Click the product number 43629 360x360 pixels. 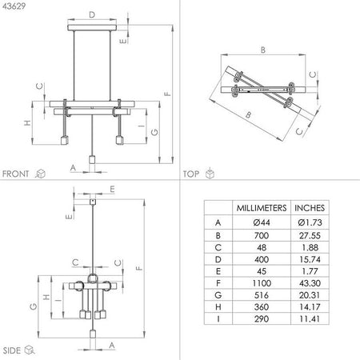[15, 7]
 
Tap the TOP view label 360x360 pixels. [191, 173]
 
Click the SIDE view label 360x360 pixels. [12, 350]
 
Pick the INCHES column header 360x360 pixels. [310, 207]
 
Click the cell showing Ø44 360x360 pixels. [258, 222]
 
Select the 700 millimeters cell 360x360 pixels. [258, 236]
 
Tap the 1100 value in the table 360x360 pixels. [258, 290]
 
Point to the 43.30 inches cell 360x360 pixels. [310, 290]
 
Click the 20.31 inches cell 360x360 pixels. [310, 304]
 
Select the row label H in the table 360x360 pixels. [218, 318]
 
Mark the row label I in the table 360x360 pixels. [218, 331]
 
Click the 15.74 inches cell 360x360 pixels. [310, 263]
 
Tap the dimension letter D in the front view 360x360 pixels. [91, 14]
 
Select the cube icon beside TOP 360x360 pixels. [210, 173]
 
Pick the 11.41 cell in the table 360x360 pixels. [310, 331]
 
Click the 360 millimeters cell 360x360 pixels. [258, 318]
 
